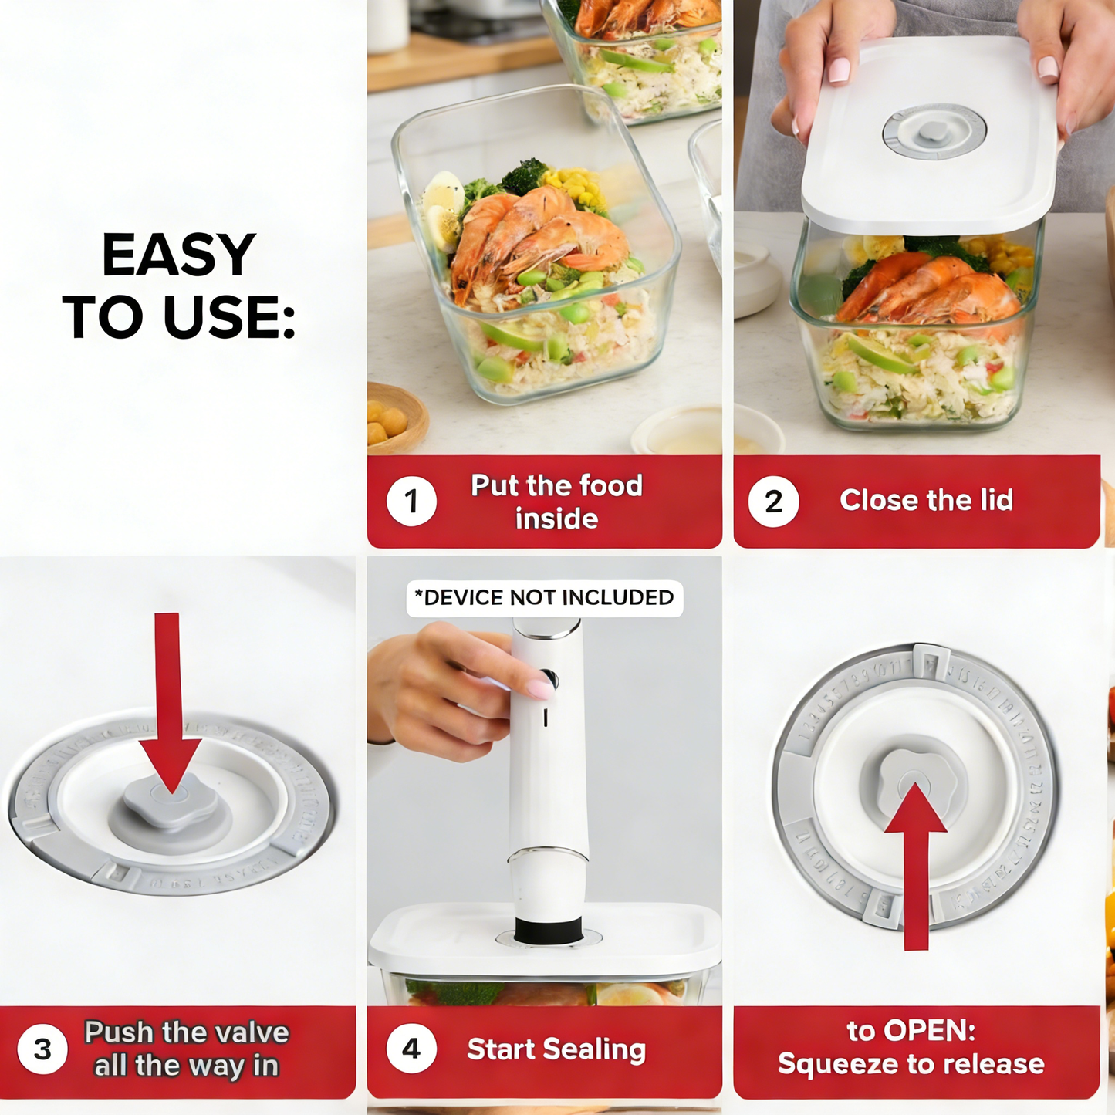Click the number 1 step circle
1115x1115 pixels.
(x=411, y=501)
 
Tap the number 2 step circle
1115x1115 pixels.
(x=773, y=501)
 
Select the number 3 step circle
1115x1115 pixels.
(x=42, y=1049)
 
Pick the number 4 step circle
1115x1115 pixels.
(x=411, y=1049)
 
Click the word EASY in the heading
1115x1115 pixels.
(x=178, y=255)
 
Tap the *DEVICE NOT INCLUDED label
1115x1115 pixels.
(x=544, y=598)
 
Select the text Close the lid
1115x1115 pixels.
(x=926, y=501)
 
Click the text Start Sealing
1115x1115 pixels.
(x=556, y=1049)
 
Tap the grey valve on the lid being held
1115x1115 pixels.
(x=934, y=131)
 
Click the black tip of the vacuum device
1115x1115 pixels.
(x=548, y=931)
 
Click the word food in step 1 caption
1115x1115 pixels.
(x=610, y=486)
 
